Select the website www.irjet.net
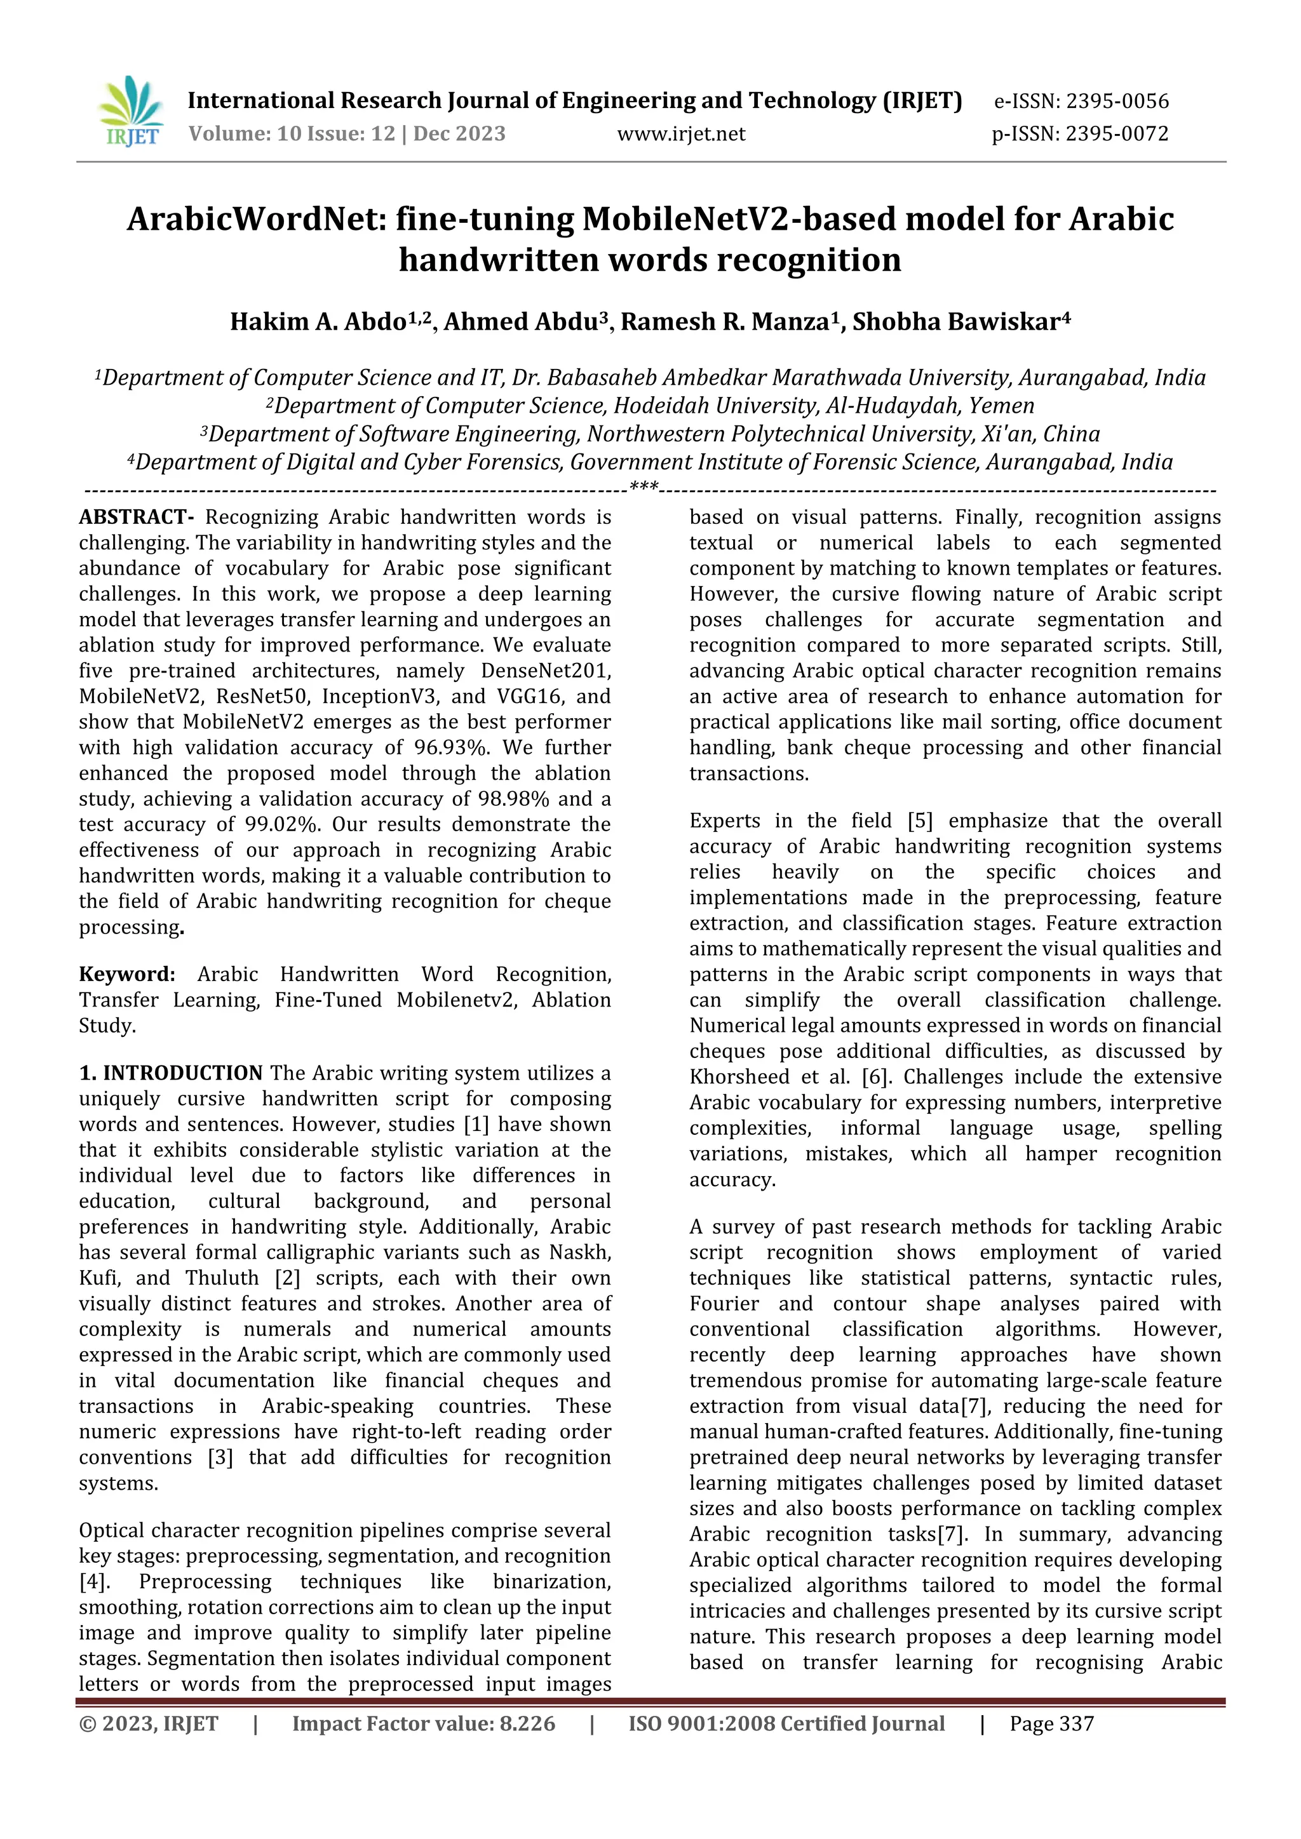coord(681,134)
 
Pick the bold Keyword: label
coord(126,974)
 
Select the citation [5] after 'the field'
coord(920,821)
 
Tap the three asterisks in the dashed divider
coord(644,487)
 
